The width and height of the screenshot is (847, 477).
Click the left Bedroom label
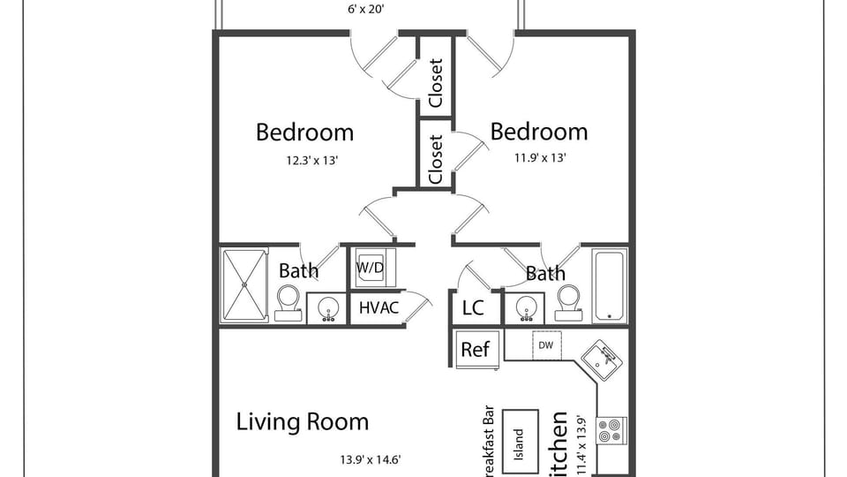coord(304,132)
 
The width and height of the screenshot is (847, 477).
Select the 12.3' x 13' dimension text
coord(304,161)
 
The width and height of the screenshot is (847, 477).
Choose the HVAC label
coord(379,308)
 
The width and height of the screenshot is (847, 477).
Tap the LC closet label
coord(473,308)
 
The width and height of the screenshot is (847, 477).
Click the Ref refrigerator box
coord(476,349)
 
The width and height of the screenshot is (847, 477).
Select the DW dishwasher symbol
coord(544,345)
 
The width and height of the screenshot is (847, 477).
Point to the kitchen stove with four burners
coord(611,430)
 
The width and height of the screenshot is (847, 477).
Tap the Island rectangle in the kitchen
coord(520,439)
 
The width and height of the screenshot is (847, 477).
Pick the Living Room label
coord(302,421)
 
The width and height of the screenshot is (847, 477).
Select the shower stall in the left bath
coord(244,285)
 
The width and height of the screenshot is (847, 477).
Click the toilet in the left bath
coord(289,302)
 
